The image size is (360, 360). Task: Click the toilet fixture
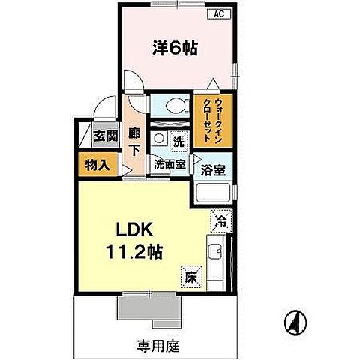pyautogui.click(x=172, y=104)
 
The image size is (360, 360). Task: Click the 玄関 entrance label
pyautogui.click(x=105, y=136)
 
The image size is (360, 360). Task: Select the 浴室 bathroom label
pyautogui.click(x=214, y=169)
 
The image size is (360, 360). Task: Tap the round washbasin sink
pyautogui.click(x=158, y=139)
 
